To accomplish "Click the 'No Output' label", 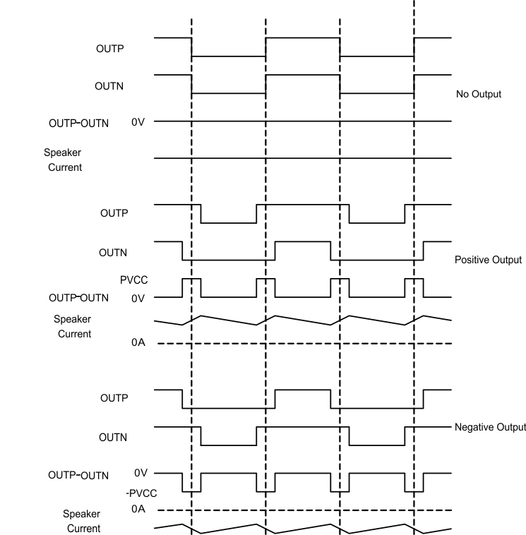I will pyautogui.click(x=479, y=94).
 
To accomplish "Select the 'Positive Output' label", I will pyautogui.click(x=488, y=260).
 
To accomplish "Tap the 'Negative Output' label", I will pyautogui.click(x=490, y=427).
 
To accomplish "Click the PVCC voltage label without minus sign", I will pyautogui.click(x=133, y=281).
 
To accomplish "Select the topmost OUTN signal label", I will pyautogui.click(x=109, y=86).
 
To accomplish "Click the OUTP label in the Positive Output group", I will pyautogui.click(x=114, y=214).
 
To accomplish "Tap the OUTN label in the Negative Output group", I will pyautogui.click(x=114, y=437).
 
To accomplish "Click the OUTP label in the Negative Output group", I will pyautogui.click(x=114, y=398).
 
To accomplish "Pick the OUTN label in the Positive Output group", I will pyautogui.click(x=114, y=252).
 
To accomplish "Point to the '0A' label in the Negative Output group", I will pyautogui.click(x=139, y=509).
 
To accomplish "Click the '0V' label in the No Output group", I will pyautogui.click(x=138, y=123).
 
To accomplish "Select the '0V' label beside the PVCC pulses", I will pyautogui.click(x=138, y=298).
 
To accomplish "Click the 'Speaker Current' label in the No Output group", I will pyautogui.click(x=64, y=160).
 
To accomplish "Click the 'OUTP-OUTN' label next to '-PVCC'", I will pyautogui.click(x=78, y=475).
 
